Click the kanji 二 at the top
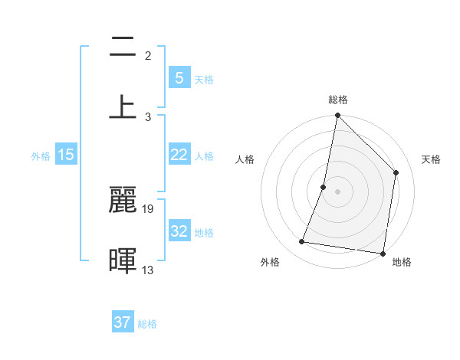click(123, 48)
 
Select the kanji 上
click(123, 106)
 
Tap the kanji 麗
click(123, 201)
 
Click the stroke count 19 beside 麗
click(149, 208)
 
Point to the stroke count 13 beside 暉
click(148, 269)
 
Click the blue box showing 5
click(179, 78)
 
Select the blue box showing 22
click(179, 155)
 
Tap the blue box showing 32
click(179, 231)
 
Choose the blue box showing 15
click(66, 155)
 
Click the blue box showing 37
click(123, 322)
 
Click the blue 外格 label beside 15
click(41, 156)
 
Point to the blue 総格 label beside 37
click(147, 324)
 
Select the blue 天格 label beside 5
click(204, 80)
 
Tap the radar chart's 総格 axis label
click(338, 100)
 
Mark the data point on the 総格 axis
click(337, 116)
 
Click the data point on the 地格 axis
click(383, 253)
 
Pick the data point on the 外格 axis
click(302, 242)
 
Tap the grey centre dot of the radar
click(337, 191)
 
